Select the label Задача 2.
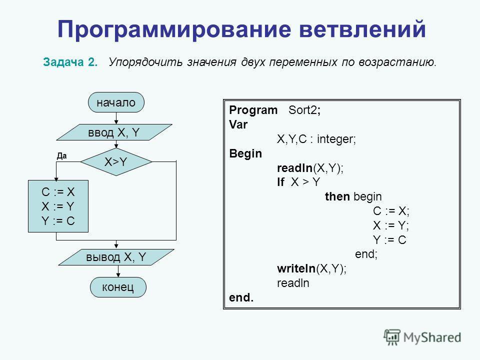coord(70,63)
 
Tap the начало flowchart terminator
coord(116,102)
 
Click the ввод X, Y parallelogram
coord(116,132)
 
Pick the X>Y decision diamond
coord(116,161)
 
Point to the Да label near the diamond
coord(61,155)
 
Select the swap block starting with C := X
coord(58,206)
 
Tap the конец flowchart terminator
coord(118,287)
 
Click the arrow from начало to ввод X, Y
coord(116,118)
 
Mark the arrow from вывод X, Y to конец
coord(118,271)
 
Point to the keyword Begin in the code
coord(245,153)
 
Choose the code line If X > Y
coord(297,182)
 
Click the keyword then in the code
coord(337,196)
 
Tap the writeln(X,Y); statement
coord(311,268)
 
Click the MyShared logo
coord(422,336)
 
